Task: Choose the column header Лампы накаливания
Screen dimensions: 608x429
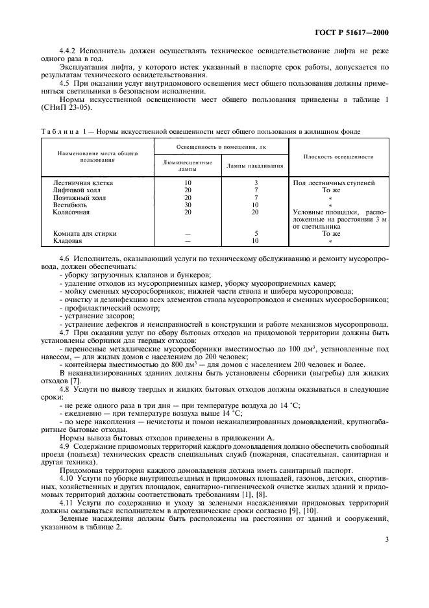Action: (255, 166)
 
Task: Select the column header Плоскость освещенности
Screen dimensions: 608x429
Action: (337, 157)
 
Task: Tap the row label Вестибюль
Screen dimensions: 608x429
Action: (68, 205)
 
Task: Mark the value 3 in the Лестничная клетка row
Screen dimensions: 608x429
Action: (256, 183)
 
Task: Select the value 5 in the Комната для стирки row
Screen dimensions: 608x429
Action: (256, 233)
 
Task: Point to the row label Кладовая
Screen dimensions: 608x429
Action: (67, 240)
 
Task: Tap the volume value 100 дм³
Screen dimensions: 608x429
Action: (304, 349)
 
